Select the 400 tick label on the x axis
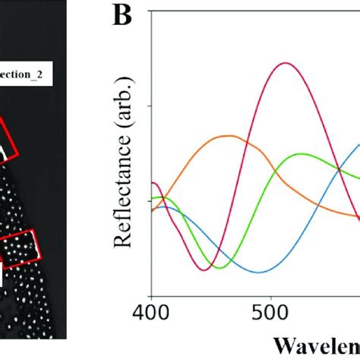click(151, 314)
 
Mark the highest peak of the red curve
click(286, 63)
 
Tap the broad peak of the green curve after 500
click(302, 154)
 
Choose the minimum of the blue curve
click(260, 272)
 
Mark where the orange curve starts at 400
click(152, 210)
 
